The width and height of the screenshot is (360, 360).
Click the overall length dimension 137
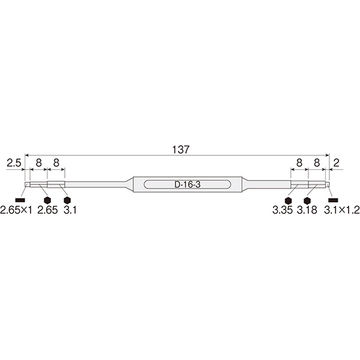[181, 149]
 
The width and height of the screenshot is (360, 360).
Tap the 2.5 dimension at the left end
[14, 163]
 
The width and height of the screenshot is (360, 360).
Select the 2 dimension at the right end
[336, 163]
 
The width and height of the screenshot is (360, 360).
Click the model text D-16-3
[187, 185]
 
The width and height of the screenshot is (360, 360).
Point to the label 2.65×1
[16, 210]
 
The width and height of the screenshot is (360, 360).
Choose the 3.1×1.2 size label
[342, 210]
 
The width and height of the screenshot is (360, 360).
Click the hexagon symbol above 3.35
[288, 200]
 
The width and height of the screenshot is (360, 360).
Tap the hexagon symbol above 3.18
[307, 200]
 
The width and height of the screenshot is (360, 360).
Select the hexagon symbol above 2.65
[47, 200]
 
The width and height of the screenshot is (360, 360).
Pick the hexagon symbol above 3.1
[67, 200]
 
